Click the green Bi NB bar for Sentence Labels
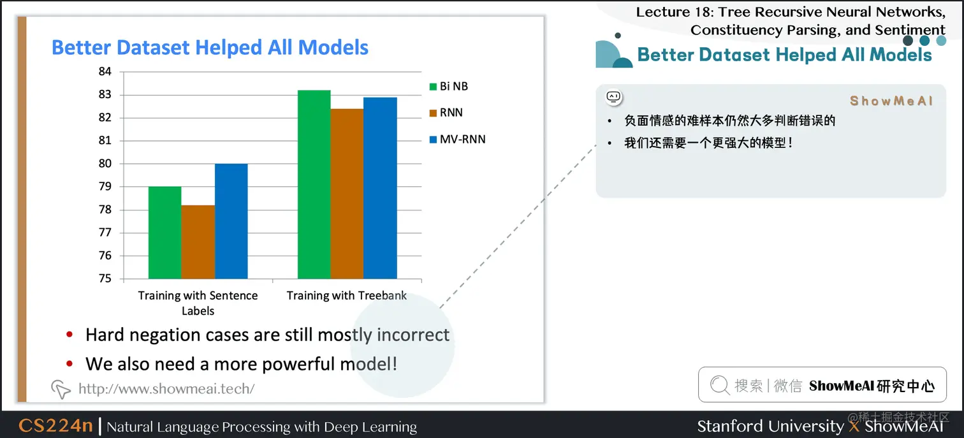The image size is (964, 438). pos(165,232)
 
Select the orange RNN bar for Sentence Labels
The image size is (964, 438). pos(198,242)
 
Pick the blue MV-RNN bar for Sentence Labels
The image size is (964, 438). pos(231,221)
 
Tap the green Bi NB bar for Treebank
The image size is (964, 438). pos(314,184)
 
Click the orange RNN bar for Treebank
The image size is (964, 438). pos(347,194)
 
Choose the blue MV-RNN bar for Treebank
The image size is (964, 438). pos(381,188)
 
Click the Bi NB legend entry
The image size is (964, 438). pos(448,87)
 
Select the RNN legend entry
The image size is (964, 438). pos(446,113)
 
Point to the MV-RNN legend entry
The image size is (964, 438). pos(458,140)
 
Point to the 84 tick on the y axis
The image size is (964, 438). pos(105,71)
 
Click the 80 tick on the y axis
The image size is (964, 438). pos(105,163)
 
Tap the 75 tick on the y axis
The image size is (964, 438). pos(105,279)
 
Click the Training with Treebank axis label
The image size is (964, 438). pos(346,296)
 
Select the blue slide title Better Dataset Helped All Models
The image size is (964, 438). pos(210,47)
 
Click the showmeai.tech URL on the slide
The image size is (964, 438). pos(166,389)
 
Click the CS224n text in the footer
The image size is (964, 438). pos(55,426)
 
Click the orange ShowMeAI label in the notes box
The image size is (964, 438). pos(891,101)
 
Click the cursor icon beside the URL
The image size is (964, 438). pos(61,390)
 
